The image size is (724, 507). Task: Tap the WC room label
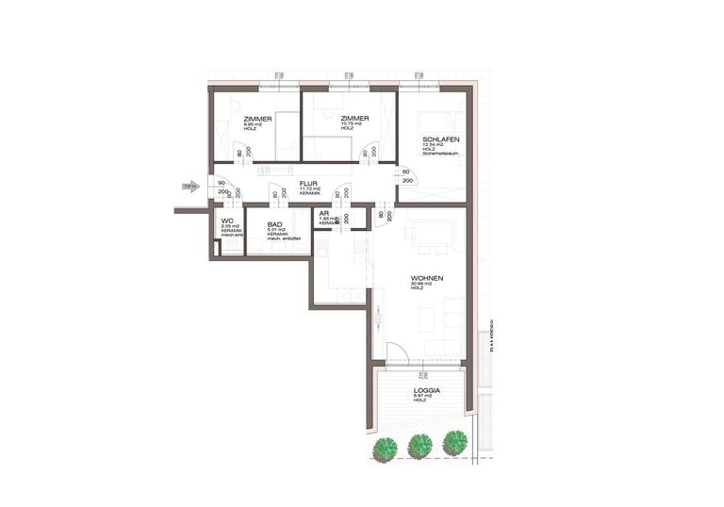[x=226, y=221]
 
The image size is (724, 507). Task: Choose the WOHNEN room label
[x=427, y=279]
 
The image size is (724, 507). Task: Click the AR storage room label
[x=324, y=213]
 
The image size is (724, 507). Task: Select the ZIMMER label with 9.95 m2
[x=258, y=119]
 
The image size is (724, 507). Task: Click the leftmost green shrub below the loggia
[x=384, y=448]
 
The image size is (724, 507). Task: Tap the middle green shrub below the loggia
[x=420, y=444]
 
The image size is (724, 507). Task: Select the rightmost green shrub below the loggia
[x=455, y=440]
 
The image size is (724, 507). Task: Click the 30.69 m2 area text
[x=421, y=286]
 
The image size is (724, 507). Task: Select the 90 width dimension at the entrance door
[x=221, y=183]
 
